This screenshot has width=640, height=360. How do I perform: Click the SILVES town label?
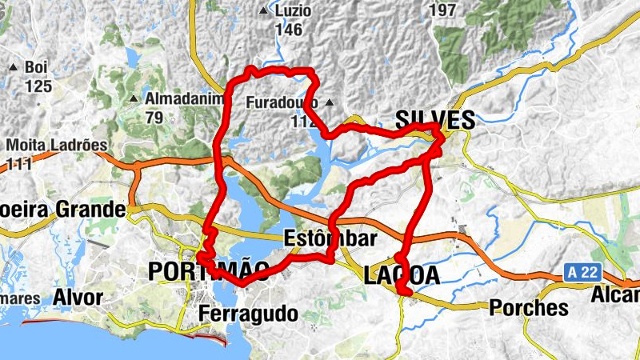pos(434,121)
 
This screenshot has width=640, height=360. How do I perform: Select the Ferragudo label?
pos(248,313)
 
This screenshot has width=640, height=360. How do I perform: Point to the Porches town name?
pos(528,307)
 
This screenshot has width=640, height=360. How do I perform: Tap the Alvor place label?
pos(78,298)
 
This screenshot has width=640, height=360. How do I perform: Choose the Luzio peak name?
pos(292,11)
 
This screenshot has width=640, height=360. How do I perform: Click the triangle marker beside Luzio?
pos(264,11)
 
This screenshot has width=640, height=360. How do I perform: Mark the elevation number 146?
pos(288,30)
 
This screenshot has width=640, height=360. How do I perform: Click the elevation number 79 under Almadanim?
pos(154,117)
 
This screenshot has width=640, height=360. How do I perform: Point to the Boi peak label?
pos(37,67)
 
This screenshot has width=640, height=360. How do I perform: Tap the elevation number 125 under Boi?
pos(38,86)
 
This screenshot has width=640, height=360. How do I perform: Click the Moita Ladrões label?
pos(57,146)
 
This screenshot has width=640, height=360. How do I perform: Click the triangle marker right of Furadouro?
pos(328,102)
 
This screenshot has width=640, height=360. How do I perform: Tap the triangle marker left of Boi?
pos(14,67)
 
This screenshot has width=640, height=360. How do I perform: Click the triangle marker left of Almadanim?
pos(133,99)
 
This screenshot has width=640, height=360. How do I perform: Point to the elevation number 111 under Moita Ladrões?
pos(20,164)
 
